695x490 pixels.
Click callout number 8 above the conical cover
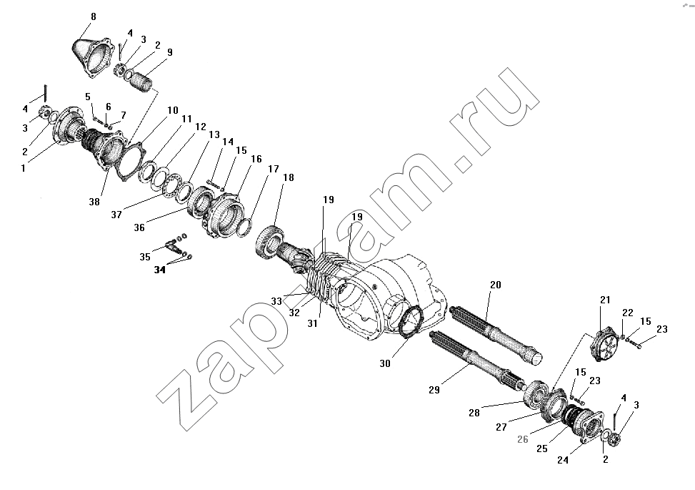coord(93,16)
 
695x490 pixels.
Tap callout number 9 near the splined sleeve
coord(170,52)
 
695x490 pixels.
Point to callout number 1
coord(24,168)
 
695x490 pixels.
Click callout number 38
coord(94,202)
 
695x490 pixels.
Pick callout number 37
coord(116,215)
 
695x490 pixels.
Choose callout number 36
coord(139,227)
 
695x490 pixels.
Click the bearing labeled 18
coord(269,242)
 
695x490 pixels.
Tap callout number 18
coord(288,177)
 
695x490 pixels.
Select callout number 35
coord(145,257)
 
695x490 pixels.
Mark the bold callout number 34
coord(159,270)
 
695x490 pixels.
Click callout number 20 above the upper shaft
coord(496,285)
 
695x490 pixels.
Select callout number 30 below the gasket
coord(385,363)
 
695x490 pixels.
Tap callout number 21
coord(605,300)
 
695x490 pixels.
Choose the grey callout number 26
coord(523,439)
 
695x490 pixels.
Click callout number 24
coord(562,460)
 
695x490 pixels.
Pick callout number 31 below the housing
coord(312,324)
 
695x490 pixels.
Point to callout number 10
coord(173,110)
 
